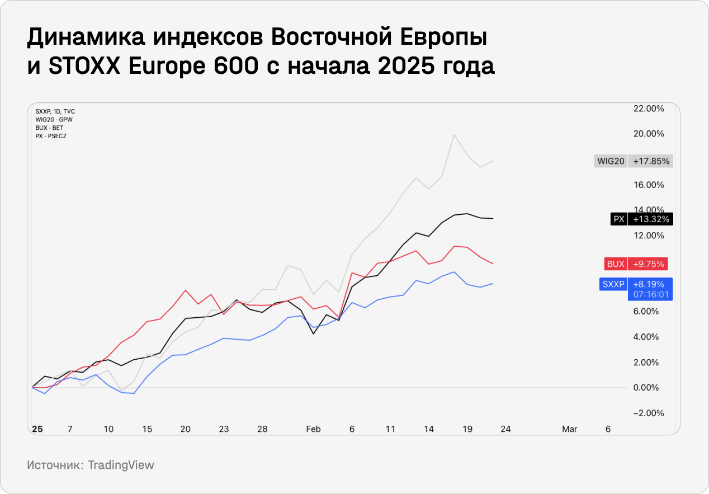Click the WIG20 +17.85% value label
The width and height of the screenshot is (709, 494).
tap(634, 161)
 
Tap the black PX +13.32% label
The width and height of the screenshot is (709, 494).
tap(641, 219)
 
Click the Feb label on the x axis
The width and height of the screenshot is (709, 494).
tap(313, 429)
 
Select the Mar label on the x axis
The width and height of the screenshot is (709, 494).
tap(569, 429)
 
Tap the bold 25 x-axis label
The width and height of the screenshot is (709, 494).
tap(37, 429)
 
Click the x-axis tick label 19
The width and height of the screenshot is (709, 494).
tap(467, 429)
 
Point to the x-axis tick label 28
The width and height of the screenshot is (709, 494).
tap(262, 429)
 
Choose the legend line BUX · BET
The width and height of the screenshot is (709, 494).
tap(49, 128)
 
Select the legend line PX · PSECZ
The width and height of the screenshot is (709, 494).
tap(51, 136)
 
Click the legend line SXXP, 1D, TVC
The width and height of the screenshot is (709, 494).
tap(55, 111)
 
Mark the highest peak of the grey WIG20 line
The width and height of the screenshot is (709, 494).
tap(455, 134)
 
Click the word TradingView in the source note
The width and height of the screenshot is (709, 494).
tap(121, 465)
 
